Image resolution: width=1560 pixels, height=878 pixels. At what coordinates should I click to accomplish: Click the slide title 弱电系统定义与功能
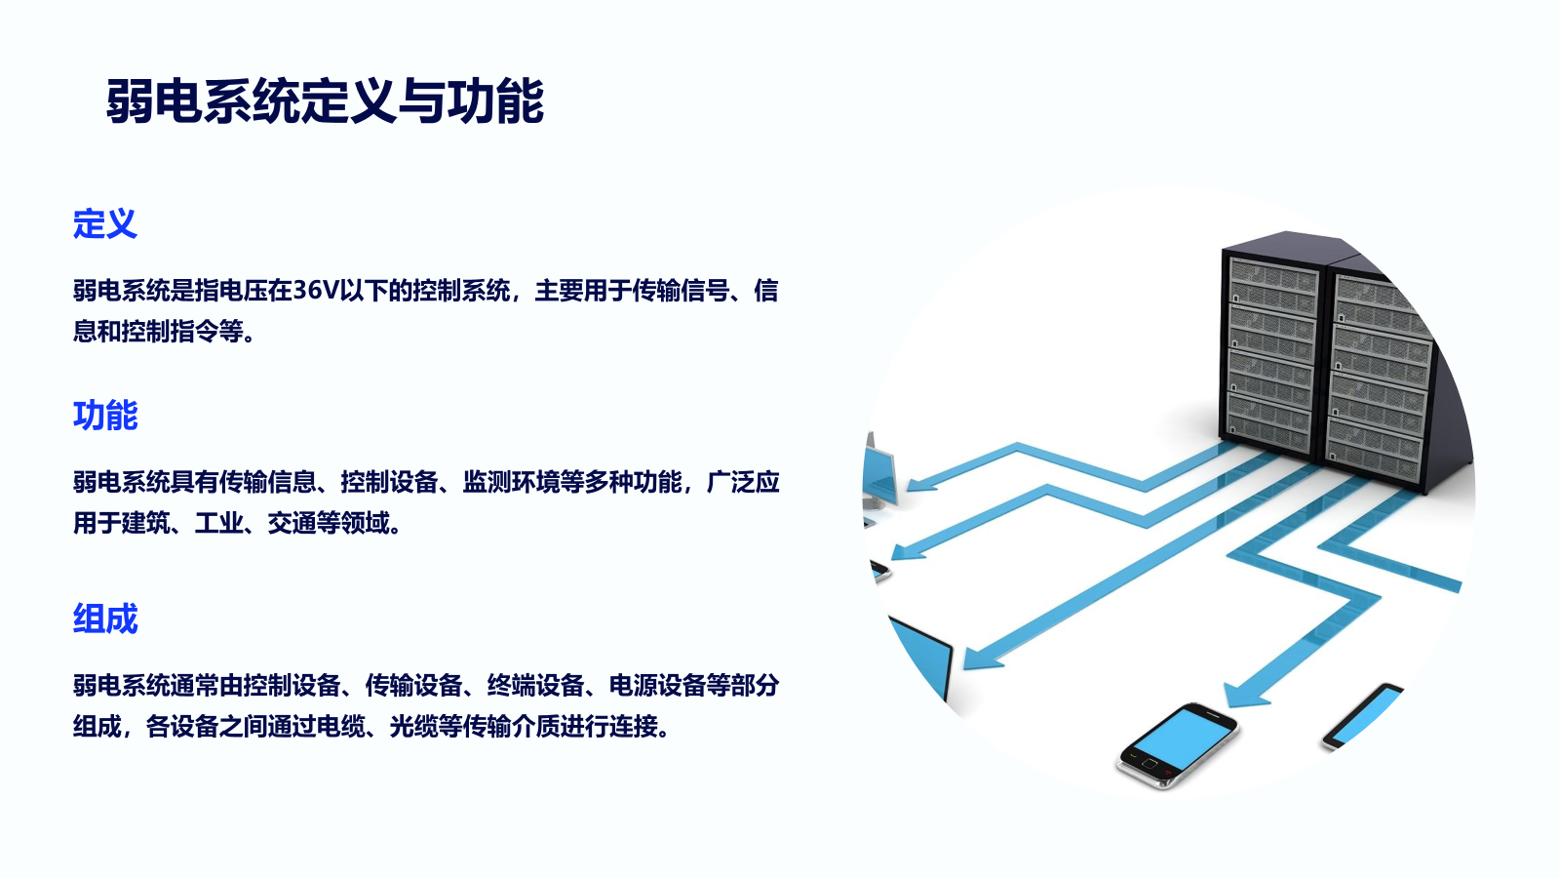pyautogui.click(x=325, y=101)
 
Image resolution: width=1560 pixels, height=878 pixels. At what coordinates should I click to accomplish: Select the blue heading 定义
pyautogui.click(x=105, y=223)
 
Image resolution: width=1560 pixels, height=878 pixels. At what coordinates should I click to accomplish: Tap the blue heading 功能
pyautogui.click(x=105, y=416)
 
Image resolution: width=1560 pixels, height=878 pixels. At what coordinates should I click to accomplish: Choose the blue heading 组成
pyautogui.click(x=105, y=619)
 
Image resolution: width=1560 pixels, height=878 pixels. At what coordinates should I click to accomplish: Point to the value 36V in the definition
pyautogui.click(x=315, y=290)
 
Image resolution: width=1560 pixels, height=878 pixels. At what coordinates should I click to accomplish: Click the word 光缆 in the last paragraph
pyautogui.click(x=413, y=726)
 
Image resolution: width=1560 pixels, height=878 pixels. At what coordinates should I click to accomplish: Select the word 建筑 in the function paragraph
pyautogui.click(x=145, y=523)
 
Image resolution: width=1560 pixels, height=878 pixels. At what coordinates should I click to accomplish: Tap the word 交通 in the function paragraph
pyautogui.click(x=292, y=523)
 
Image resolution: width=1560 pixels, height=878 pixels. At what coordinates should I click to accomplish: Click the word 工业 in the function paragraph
pyautogui.click(x=218, y=523)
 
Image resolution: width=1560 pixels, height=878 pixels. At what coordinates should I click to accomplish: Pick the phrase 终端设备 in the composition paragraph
pyautogui.click(x=535, y=686)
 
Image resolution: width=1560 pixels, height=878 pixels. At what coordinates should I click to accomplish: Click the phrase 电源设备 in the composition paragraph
pyautogui.click(x=657, y=686)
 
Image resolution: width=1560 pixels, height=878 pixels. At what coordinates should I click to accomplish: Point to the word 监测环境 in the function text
pyautogui.click(x=511, y=482)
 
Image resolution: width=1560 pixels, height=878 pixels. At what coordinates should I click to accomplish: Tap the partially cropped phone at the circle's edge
pyautogui.click(x=1361, y=718)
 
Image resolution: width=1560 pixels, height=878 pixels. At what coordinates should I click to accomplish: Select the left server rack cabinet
pyautogui.click(x=1271, y=345)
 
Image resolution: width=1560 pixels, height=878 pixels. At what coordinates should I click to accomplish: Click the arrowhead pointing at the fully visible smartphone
pyautogui.click(x=1247, y=694)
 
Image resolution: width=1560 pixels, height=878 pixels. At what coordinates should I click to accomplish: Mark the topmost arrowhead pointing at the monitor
pyautogui.click(x=922, y=484)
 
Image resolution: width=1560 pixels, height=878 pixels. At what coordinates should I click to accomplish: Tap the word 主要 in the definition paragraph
pyautogui.click(x=559, y=290)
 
